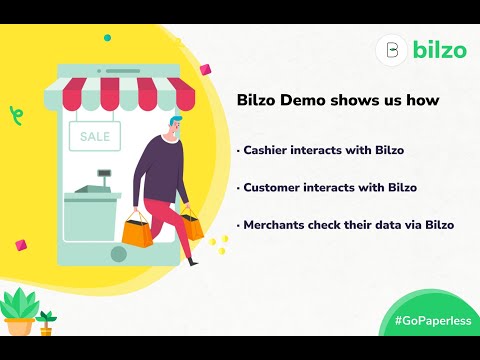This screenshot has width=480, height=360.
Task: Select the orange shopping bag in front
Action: coord(138,232)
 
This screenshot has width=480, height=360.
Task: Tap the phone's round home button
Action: coord(119,254)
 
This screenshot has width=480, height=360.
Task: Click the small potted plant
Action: coord(45,322)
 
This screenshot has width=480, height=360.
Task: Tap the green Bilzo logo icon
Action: coord(392,50)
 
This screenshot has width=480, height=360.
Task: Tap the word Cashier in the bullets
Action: coord(268,150)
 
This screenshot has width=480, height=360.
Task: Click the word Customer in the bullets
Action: coord(275,187)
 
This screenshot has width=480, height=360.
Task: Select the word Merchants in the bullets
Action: coord(278,224)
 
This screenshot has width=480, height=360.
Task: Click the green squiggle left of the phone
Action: coord(15,113)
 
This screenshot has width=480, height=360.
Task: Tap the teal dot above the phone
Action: coord(107,37)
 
